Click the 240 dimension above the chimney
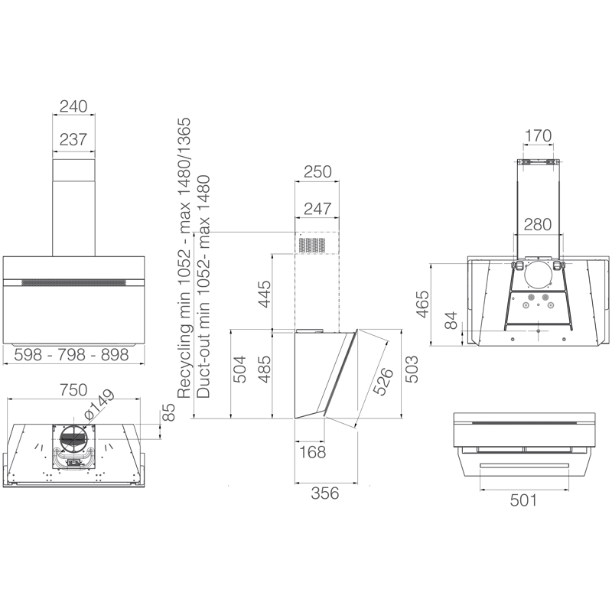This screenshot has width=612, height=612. pyautogui.click(x=73, y=106)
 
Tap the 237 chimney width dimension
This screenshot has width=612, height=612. pyautogui.click(x=73, y=139)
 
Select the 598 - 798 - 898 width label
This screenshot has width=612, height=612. pyautogui.click(x=71, y=355)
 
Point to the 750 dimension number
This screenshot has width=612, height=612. pyautogui.click(x=73, y=390)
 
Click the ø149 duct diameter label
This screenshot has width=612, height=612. pyautogui.click(x=99, y=405)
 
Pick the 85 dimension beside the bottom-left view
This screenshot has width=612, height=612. pyautogui.click(x=168, y=412)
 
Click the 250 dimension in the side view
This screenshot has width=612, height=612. pyautogui.click(x=317, y=171)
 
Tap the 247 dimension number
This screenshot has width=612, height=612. pyautogui.click(x=317, y=209)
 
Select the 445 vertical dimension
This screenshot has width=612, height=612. pyautogui.click(x=264, y=294)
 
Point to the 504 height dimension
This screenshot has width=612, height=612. pyautogui.click(x=239, y=369)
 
